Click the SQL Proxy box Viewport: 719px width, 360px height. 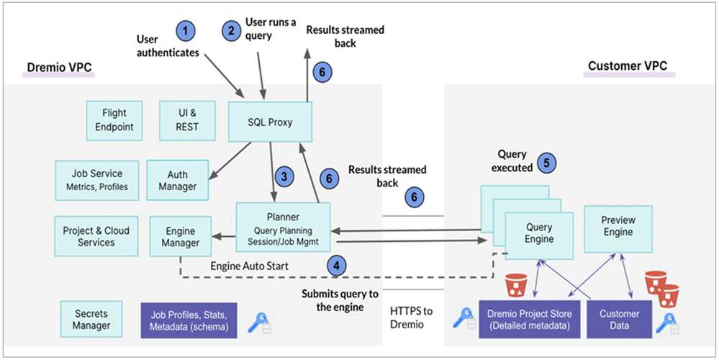(270, 122)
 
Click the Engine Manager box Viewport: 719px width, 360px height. (180, 237)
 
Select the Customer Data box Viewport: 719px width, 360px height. (619, 320)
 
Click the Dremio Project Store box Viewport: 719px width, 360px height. (529, 320)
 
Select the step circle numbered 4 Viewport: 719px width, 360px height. (335, 265)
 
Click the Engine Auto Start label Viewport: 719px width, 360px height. (249, 266)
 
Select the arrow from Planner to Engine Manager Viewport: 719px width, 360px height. (223, 235)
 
